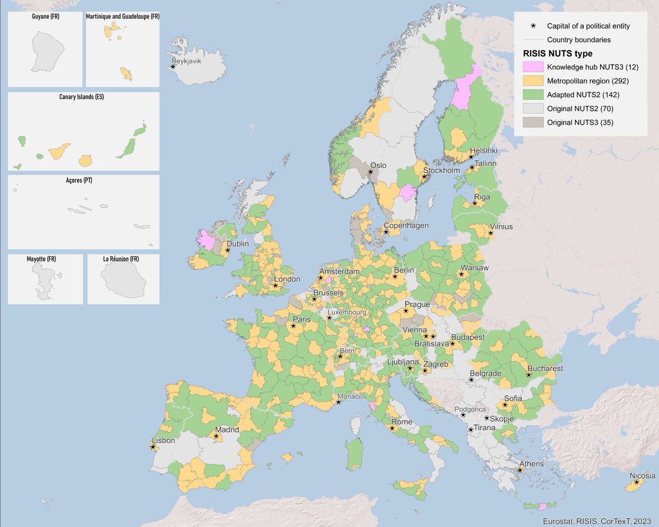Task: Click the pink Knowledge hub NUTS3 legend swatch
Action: click(x=532, y=68)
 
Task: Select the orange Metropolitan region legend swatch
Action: click(x=532, y=81)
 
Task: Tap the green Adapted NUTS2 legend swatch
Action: click(x=532, y=94)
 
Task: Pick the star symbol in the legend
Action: click(x=532, y=26)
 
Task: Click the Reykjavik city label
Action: click(x=187, y=61)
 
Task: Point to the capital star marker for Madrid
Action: click(x=216, y=436)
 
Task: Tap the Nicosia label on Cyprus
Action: click(x=643, y=476)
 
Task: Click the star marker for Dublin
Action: click(x=228, y=250)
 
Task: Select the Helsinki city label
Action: click(x=483, y=150)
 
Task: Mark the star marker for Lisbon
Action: click(x=153, y=447)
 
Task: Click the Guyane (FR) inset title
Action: click(x=46, y=16)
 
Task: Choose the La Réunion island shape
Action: click(x=123, y=279)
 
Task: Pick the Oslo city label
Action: click(x=378, y=165)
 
